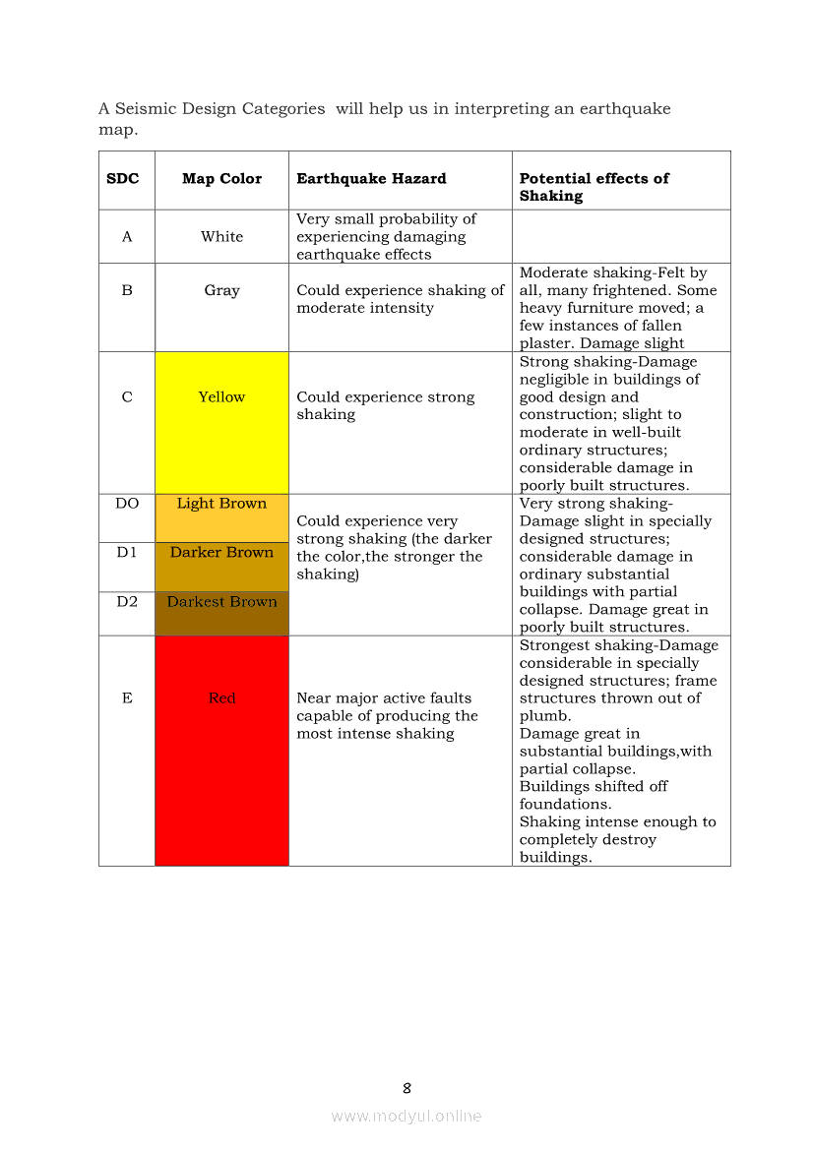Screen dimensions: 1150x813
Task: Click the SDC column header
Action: pos(123,179)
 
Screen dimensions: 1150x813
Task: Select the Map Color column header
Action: pos(221,179)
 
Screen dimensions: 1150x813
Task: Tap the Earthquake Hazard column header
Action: pos(371,179)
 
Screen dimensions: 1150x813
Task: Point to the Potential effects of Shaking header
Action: pos(594,187)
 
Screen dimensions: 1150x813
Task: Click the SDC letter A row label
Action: pos(127,237)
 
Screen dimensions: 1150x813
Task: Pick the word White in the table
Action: pos(221,237)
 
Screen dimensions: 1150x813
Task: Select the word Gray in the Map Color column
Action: pos(221,291)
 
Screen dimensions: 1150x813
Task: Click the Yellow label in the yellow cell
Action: pos(221,397)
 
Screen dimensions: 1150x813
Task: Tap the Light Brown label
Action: pos(221,504)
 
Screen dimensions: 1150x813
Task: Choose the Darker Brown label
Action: pos(221,553)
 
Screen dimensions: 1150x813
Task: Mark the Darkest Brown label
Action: pos(221,602)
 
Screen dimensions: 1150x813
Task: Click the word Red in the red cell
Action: pos(221,698)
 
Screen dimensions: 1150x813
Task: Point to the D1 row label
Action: pos(127,553)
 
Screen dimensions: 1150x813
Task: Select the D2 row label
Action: pos(127,602)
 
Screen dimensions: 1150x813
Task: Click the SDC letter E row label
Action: pos(127,698)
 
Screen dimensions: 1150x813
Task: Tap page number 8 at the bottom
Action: pos(406,1088)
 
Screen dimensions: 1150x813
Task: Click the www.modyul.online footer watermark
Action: pos(406,1116)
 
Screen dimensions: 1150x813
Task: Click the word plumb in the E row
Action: pos(540,716)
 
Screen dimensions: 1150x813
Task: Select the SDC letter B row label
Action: pos(127,291)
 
